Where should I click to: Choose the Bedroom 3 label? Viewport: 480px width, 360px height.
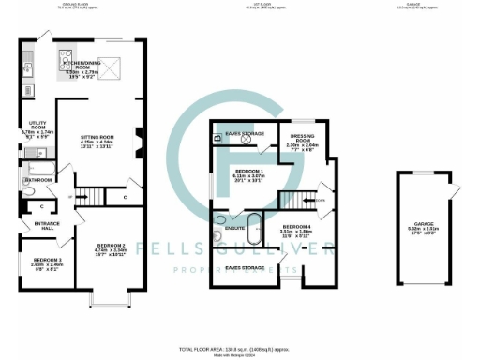coord(48,261)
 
